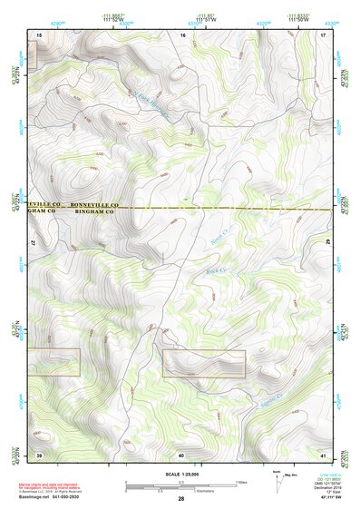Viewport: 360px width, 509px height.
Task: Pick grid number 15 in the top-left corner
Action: click(x=39, y=34)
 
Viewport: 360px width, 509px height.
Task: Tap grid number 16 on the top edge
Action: click(x=183, y=34)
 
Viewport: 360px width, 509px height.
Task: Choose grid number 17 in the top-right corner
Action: click(x=323, y=34)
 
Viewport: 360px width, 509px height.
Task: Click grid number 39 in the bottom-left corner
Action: click(x=39, y=453)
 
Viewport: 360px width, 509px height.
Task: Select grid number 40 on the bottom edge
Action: click(x=181, y=454)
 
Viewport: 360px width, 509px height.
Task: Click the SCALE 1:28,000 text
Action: click(x=180, y=473)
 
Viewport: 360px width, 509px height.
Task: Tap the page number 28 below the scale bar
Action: click(x=181, y=500)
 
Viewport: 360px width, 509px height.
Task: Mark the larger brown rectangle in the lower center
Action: click(x=204, y=363)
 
